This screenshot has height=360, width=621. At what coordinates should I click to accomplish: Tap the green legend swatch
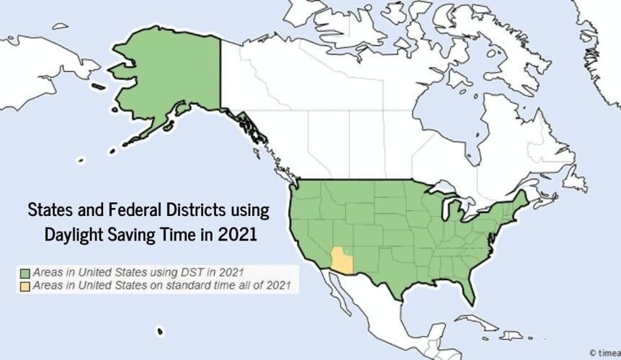tap(24, 274)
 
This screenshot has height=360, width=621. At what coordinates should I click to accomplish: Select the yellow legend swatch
tap(24, 287)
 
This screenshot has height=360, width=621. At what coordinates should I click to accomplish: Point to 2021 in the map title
tap(235, 235)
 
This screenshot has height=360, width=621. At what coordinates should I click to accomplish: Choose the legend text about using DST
tap(138, 274)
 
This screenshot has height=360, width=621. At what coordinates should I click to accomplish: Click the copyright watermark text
tap(605, 353)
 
